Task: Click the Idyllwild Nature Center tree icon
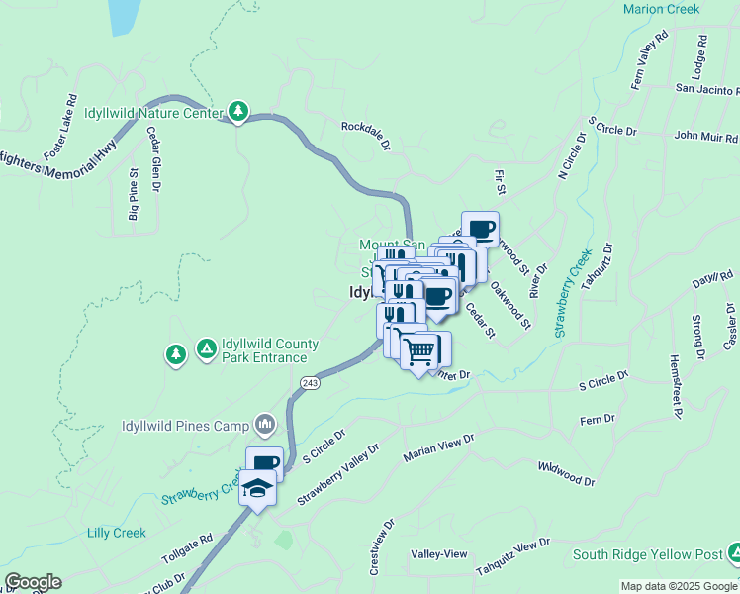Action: pyautogui.click(x=238, y=112)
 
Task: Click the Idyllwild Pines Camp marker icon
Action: pyautogui.click(x=264, y=426)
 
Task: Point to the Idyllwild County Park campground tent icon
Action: pyautogui.click(x=207, y=348)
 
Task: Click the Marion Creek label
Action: pyautogui.click(x=661, y=9)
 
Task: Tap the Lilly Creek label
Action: pyautogui.click(x=116, y=533)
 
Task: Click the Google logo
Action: pyautogui.click(x=33, y=582)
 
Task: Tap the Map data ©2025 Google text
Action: pyautogui.click(x=679, y=586)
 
